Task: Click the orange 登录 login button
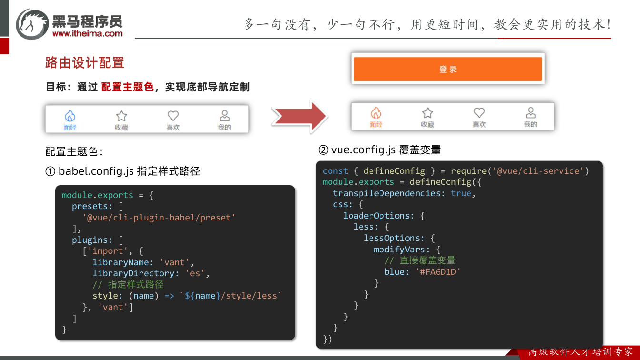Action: [448, 69]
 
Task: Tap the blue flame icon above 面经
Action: [70, 116]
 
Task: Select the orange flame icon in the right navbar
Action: [376, 113]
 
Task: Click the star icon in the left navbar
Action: [121, 116]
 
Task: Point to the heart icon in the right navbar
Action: [479, 112]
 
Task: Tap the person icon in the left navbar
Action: [225, 116]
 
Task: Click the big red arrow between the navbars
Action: [300, 116]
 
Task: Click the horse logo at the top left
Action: [32, 24]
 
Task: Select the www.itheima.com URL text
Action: [88, 33]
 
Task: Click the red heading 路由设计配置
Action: [85, 62]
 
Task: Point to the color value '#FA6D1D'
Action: [438, 272]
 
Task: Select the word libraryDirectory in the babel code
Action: [133, 273]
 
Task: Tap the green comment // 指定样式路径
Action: [128, 285]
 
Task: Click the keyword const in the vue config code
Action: [335, 171]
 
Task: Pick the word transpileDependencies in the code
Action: [387, 193]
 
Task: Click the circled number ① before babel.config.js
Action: [50, 171]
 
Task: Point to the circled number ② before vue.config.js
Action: [323, 150]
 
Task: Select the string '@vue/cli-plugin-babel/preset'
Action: [159, 218]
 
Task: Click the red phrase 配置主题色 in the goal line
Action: [128, 87]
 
